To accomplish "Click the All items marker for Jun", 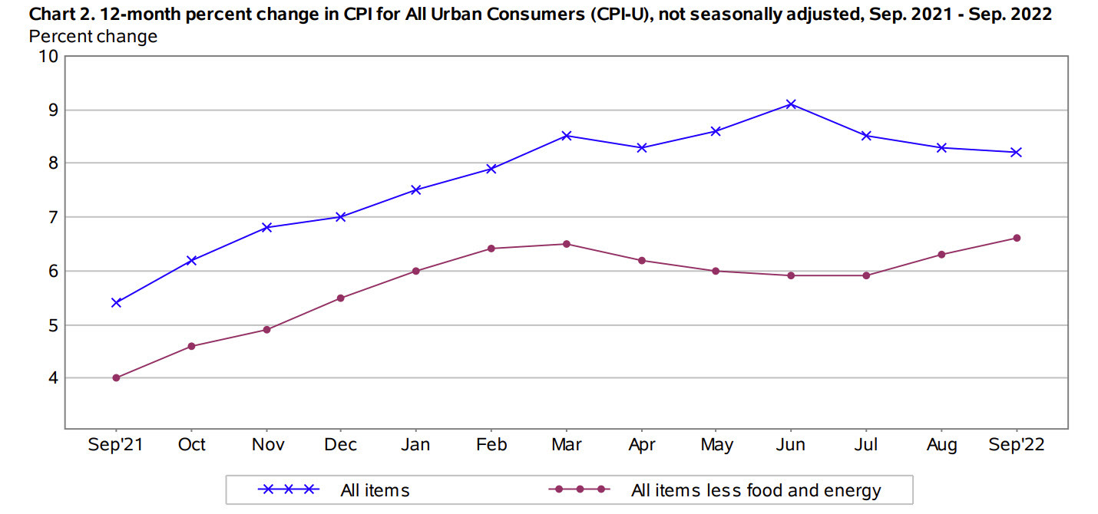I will (x=791, y=104).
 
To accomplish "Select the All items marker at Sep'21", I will (x=116, y=302).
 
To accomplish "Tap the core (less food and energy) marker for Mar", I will (x=566, y=244).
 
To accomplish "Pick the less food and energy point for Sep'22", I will (x=1017, y=238).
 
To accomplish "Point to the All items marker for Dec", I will (x=341, y=216).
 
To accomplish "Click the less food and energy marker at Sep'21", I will (x=116, y=377).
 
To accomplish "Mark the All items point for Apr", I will (x=641, y=147).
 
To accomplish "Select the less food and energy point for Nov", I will (x=266, y=330).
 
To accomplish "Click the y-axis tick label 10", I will (x=48, y=56).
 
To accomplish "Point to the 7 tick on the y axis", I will (x=53, y=217).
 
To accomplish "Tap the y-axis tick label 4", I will (x=53, y=378).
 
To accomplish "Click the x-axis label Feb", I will (x=491, y=446).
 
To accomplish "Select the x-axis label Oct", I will (x=191, y=446).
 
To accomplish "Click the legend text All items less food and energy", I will (x=756, y=490).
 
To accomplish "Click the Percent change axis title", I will (x=93, y=36).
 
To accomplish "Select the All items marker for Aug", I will (x=941, y=147).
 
